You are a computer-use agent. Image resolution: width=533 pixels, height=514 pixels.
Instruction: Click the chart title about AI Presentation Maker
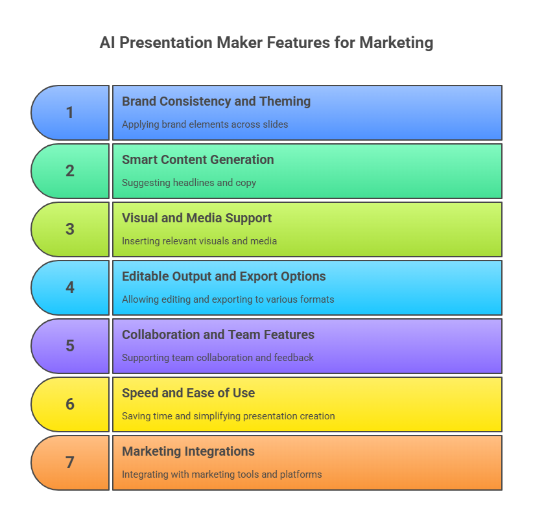(x=266, y=43)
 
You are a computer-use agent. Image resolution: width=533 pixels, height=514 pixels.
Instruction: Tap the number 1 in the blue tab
(x=70, y=113)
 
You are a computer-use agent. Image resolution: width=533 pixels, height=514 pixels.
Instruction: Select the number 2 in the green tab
(x=70, y=171)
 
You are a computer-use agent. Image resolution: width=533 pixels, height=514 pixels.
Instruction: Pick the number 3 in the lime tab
(x=70, y=229)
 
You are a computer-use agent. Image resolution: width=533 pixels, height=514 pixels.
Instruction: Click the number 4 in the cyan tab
(x=70, y=288)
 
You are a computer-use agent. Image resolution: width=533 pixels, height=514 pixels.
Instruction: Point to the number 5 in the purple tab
(x=70, y=346)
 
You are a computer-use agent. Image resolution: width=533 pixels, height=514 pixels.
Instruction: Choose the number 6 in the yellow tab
(x=70, y=404)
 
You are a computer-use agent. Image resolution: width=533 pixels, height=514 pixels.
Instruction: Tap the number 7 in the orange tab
(x=70, y=463)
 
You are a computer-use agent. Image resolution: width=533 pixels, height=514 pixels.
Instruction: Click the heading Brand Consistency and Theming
(x=216, y=102)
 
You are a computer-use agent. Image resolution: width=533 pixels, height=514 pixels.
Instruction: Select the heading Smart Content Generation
(x=198, y=160)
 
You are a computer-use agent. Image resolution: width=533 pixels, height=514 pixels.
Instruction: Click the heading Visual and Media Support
(x=196, y=218)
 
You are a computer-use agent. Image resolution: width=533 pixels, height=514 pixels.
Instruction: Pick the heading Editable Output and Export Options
(x=224, y=277)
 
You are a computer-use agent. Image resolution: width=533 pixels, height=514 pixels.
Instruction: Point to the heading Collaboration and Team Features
(x=218, y=335)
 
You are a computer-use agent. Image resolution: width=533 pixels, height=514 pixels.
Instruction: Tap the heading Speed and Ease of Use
(x=188, y=393)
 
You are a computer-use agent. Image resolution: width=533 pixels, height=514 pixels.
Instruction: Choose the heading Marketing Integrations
(x=188, y=452)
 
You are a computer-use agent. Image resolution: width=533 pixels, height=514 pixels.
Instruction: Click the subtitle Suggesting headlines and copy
(x=189, y=183)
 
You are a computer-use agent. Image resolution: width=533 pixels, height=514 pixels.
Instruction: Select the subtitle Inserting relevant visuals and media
(x=199, y=241)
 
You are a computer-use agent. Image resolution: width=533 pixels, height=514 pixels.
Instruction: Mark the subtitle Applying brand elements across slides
(x=205, y=124)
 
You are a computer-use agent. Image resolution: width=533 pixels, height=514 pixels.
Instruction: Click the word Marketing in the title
(x=396, y=43)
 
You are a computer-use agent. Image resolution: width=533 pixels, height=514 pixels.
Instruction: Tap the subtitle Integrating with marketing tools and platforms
(x=222, y=474)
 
